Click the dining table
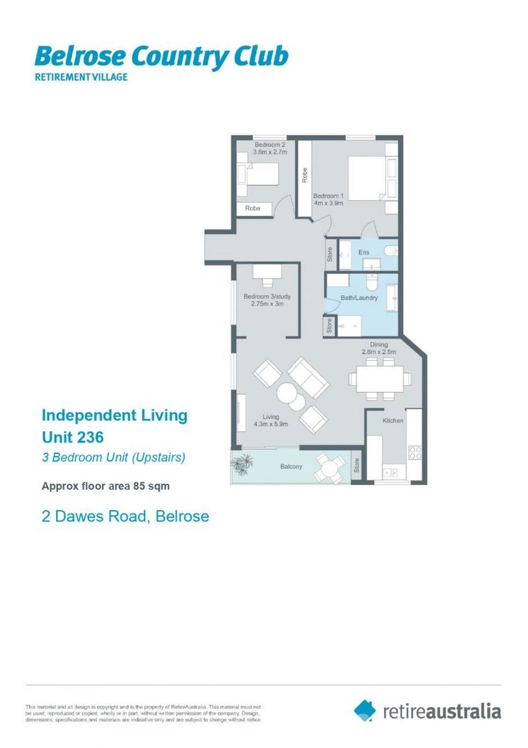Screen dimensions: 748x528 379,378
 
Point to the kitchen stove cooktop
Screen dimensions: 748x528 415,452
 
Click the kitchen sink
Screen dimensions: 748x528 388,472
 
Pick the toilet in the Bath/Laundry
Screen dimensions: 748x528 372,283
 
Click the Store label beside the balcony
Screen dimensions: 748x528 356,465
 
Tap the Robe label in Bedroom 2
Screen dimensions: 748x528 253,208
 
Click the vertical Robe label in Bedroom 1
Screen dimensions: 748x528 304,175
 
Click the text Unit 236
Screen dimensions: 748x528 73,437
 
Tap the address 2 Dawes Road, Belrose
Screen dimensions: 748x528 125,516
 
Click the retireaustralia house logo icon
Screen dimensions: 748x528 365,710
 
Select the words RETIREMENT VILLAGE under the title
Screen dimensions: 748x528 81,78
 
